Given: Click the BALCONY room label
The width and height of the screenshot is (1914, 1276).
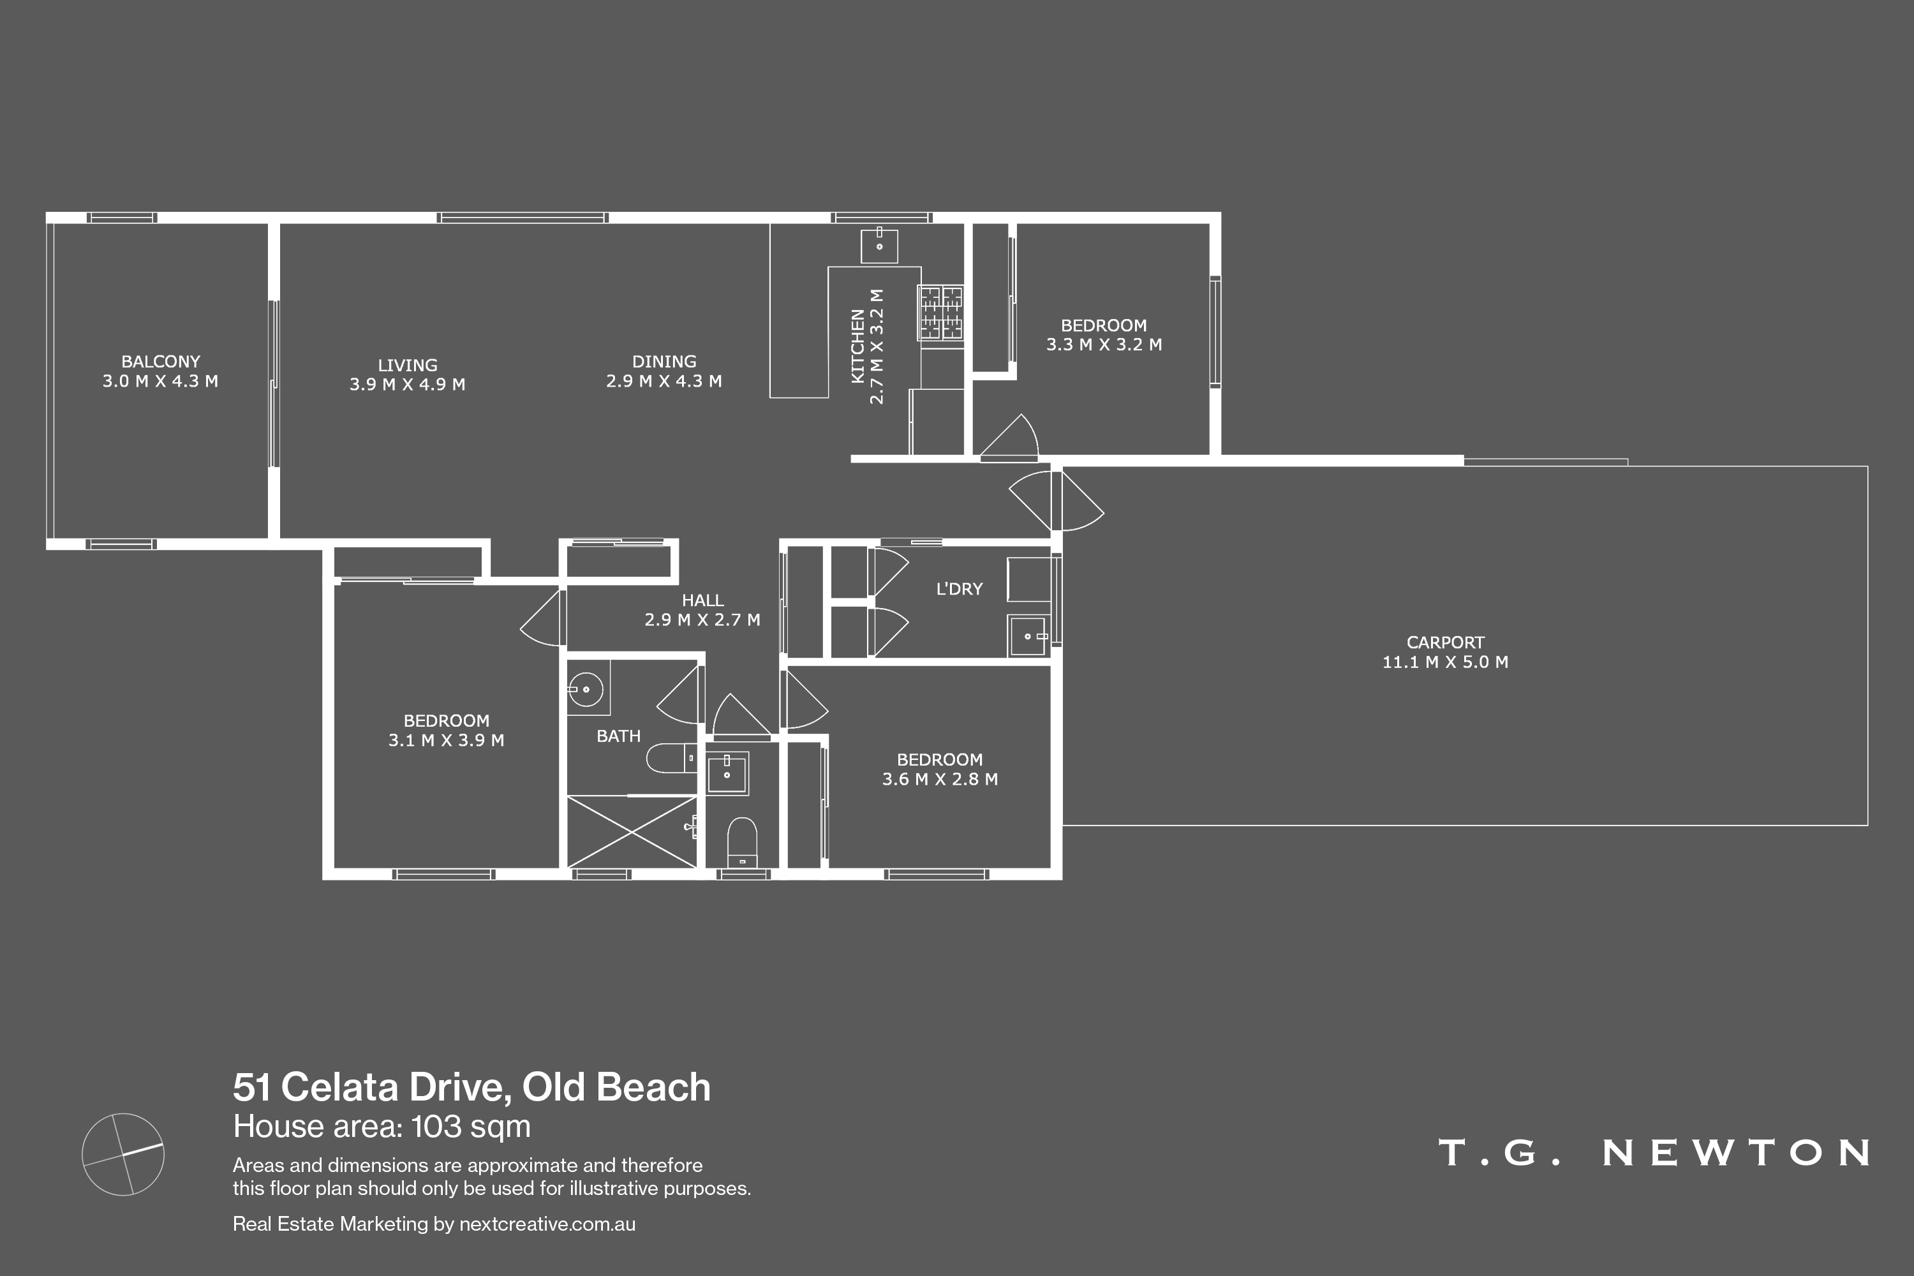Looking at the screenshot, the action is click(x=160, y=361).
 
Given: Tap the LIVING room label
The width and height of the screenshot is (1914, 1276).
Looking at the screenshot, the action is click(x=407, y=366).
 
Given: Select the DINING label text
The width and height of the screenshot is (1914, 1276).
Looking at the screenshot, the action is click(x=664, y=361).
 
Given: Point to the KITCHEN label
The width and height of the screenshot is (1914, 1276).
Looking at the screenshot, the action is click(x=857, y=346).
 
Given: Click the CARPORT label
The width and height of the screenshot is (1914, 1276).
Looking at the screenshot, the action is click(x=1445, y=642).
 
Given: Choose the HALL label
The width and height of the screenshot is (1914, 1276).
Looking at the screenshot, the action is click(x=702, y=600).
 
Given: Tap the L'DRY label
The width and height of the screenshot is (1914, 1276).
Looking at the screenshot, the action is click(x=960, y=588).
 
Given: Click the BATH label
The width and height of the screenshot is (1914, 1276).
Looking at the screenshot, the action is click(x=618, y=736).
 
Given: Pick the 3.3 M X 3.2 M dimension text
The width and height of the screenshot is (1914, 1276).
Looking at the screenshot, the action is click(x=1104, y=345).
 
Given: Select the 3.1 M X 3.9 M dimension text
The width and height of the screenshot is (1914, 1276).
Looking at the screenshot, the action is click(x=446, y=739).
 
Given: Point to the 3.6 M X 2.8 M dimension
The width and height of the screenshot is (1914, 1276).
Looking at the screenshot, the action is click(x=940, y=779).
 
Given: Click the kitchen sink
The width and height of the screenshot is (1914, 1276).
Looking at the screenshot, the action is click(x=879, y=244).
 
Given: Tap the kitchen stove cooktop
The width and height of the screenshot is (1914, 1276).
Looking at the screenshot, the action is click(x=940, y=313).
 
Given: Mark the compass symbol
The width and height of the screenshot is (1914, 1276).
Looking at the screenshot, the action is click(x=123, y=1154).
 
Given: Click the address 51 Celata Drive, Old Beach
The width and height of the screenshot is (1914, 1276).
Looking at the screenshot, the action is click(x=472, y=1087).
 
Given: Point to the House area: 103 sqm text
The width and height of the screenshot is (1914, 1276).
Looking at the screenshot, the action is click(x=382, y=1126).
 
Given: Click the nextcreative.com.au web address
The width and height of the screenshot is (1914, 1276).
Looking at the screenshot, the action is click(x=547, y=1224).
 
